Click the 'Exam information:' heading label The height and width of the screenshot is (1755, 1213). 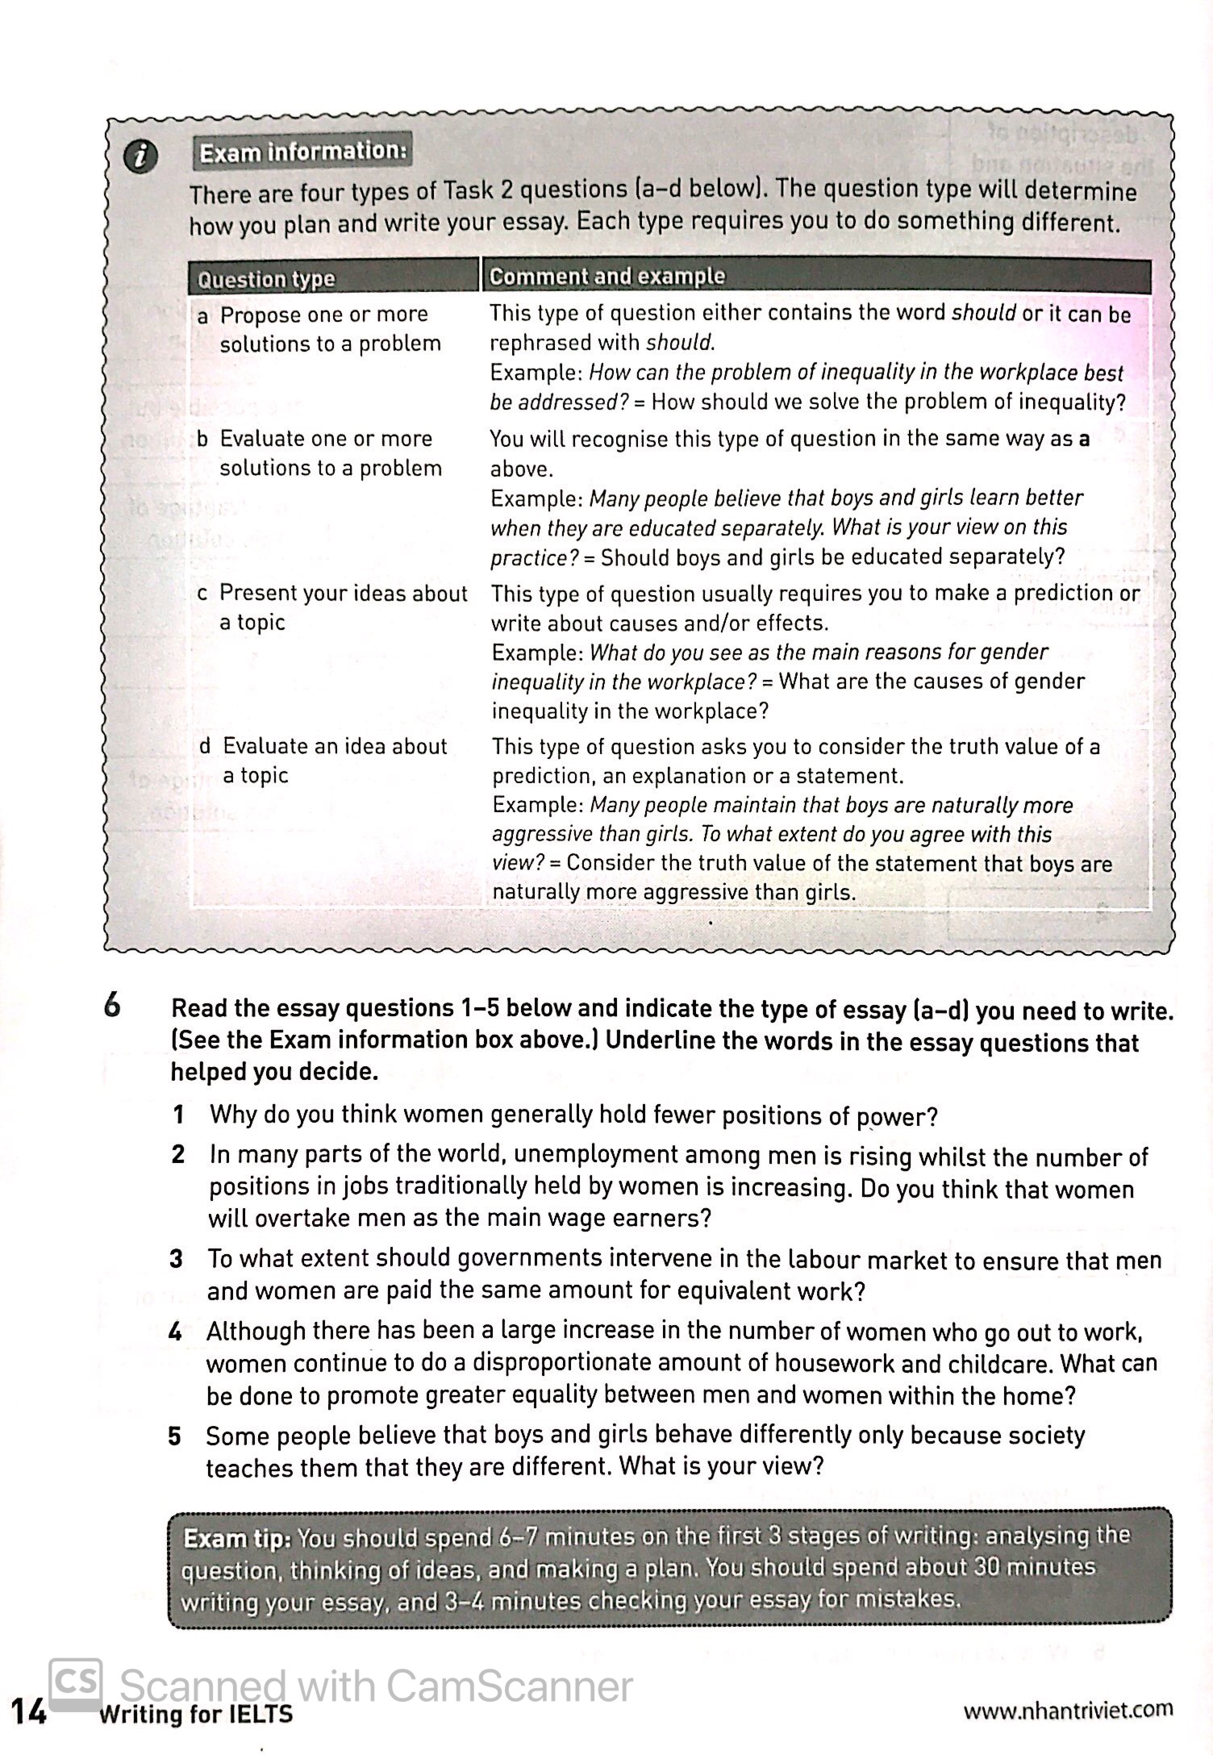pyautogui.click(x=302, y=152)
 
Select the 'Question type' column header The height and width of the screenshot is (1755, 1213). pyautogui.click(x=265, y=279)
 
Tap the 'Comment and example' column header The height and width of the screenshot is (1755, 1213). pyautogui.click(x=607, y=277)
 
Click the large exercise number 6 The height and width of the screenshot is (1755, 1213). pyautogui.click(x=112, y=1006)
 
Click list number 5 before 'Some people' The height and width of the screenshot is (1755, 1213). pyautogui.click(x=175, y=1436)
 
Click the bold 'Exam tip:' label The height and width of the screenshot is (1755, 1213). pyautogui.click(x=236, y=1538)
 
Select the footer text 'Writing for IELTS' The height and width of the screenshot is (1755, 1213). pyautogui.click(x=195, y=1714)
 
